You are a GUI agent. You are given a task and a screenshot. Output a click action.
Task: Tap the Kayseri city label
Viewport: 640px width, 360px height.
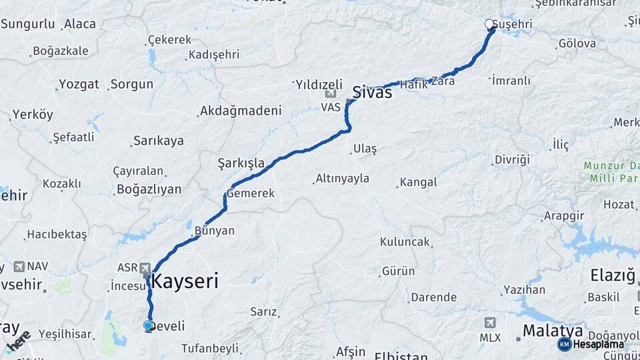(x=185, y=281)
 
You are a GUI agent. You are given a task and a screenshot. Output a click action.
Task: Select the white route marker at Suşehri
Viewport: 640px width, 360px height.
(x=489, y=25)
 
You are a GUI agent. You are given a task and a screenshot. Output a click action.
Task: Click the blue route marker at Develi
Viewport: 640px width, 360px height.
(x=148, y=325)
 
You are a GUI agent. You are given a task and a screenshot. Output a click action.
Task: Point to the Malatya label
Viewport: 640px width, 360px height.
(x=553, y=330)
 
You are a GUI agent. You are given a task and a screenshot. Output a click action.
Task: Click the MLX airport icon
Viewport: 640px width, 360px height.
(x=491, y=323)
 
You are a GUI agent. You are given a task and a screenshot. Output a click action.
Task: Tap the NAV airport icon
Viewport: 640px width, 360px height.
(x=18, y=266)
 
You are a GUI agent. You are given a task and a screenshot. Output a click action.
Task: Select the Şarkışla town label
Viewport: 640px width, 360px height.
(x=241, y=163)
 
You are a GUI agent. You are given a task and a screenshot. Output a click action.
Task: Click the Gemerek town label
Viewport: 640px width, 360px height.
(x=251, y=193)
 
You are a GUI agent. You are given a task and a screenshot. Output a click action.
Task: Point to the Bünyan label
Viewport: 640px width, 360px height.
(x=214, y=231)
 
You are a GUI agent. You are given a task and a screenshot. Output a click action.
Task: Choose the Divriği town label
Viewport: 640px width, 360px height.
(x=511, y=159)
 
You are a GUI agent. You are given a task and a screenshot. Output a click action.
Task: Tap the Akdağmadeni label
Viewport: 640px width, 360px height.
(x=241, y=111)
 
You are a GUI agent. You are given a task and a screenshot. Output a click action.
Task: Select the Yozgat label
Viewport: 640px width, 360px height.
(x=79, y=85)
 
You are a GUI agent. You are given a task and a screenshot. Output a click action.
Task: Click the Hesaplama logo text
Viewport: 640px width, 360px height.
(x=598, y=344)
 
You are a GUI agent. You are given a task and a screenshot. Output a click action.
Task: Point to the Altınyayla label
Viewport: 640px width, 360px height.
(x=342, y=179)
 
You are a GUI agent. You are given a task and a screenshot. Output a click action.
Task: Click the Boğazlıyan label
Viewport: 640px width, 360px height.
(x=149, y=189)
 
